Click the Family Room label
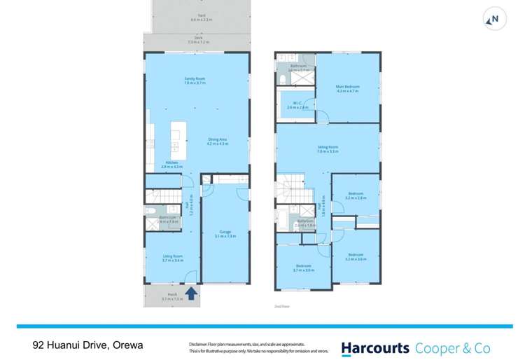(x=195, y=81)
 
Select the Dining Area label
(x=217, y=141)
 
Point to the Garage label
(x=225, y=233)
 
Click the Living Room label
(x=172, y=258)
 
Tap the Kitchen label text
(x=171, y=165)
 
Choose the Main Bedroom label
(x=347, y=88)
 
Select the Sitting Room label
(x=328, y=148)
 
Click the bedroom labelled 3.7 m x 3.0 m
(x=303, y=268)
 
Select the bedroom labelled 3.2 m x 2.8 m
(x=356, y=196)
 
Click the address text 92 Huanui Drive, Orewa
(x=87, y=346)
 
